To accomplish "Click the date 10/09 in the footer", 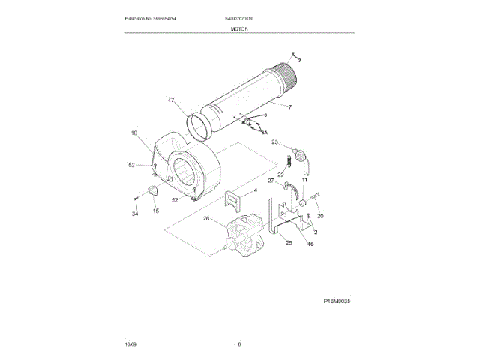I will pyautogui.click(x=131, y=344).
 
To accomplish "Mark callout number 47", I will pyautogui.click(x=171, y=100).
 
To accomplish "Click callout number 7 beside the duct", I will pyautogui.click(x=289, y=107).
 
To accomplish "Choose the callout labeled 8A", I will pyautogui.click(x=264, y=131).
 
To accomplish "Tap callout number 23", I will pyautogui.click(x=274, y=142).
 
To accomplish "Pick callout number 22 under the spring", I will pyautogui.click(x=281, y=175).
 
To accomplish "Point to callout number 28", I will pyautogui.click(x=205, y=219).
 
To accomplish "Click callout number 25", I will pyautogui.click(x=288, y=242).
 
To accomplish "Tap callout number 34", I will pyautogui.click(x=135, y=214).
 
